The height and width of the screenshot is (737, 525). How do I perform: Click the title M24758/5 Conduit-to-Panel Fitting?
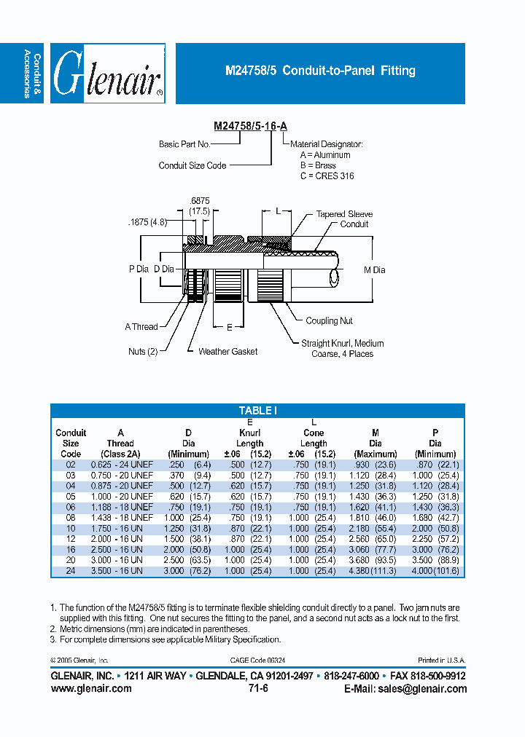click(x=320, y=71)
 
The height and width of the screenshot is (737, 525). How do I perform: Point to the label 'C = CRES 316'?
click(x=327, y=176)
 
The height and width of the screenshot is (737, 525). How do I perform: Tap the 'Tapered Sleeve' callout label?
click(x=344, y=214)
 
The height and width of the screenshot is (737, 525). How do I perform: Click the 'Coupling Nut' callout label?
click(x=330, y=320)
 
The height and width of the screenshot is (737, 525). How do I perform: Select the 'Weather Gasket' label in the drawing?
click(x=227, y=351)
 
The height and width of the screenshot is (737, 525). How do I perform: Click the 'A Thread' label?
click(x=141, y=327)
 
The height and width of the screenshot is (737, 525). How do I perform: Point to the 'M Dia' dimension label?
click(x=374, y=270)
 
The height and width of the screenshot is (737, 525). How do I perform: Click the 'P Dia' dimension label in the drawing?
click(x=139, y=269)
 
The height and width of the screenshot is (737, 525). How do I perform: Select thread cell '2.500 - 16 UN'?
click(x=121, y=550)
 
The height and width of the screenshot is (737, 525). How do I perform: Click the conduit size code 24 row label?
click(x=71, y=571)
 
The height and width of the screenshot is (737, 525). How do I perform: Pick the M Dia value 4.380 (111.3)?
click(x=375, y=571)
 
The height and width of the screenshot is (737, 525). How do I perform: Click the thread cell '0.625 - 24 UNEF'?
click(x=121, y=465)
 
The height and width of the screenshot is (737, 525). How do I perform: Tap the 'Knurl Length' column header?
click(x=249, y=438)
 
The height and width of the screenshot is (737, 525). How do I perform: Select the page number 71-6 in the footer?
click(x=258, y=688)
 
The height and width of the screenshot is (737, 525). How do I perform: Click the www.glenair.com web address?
click(x=91, y=688)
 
